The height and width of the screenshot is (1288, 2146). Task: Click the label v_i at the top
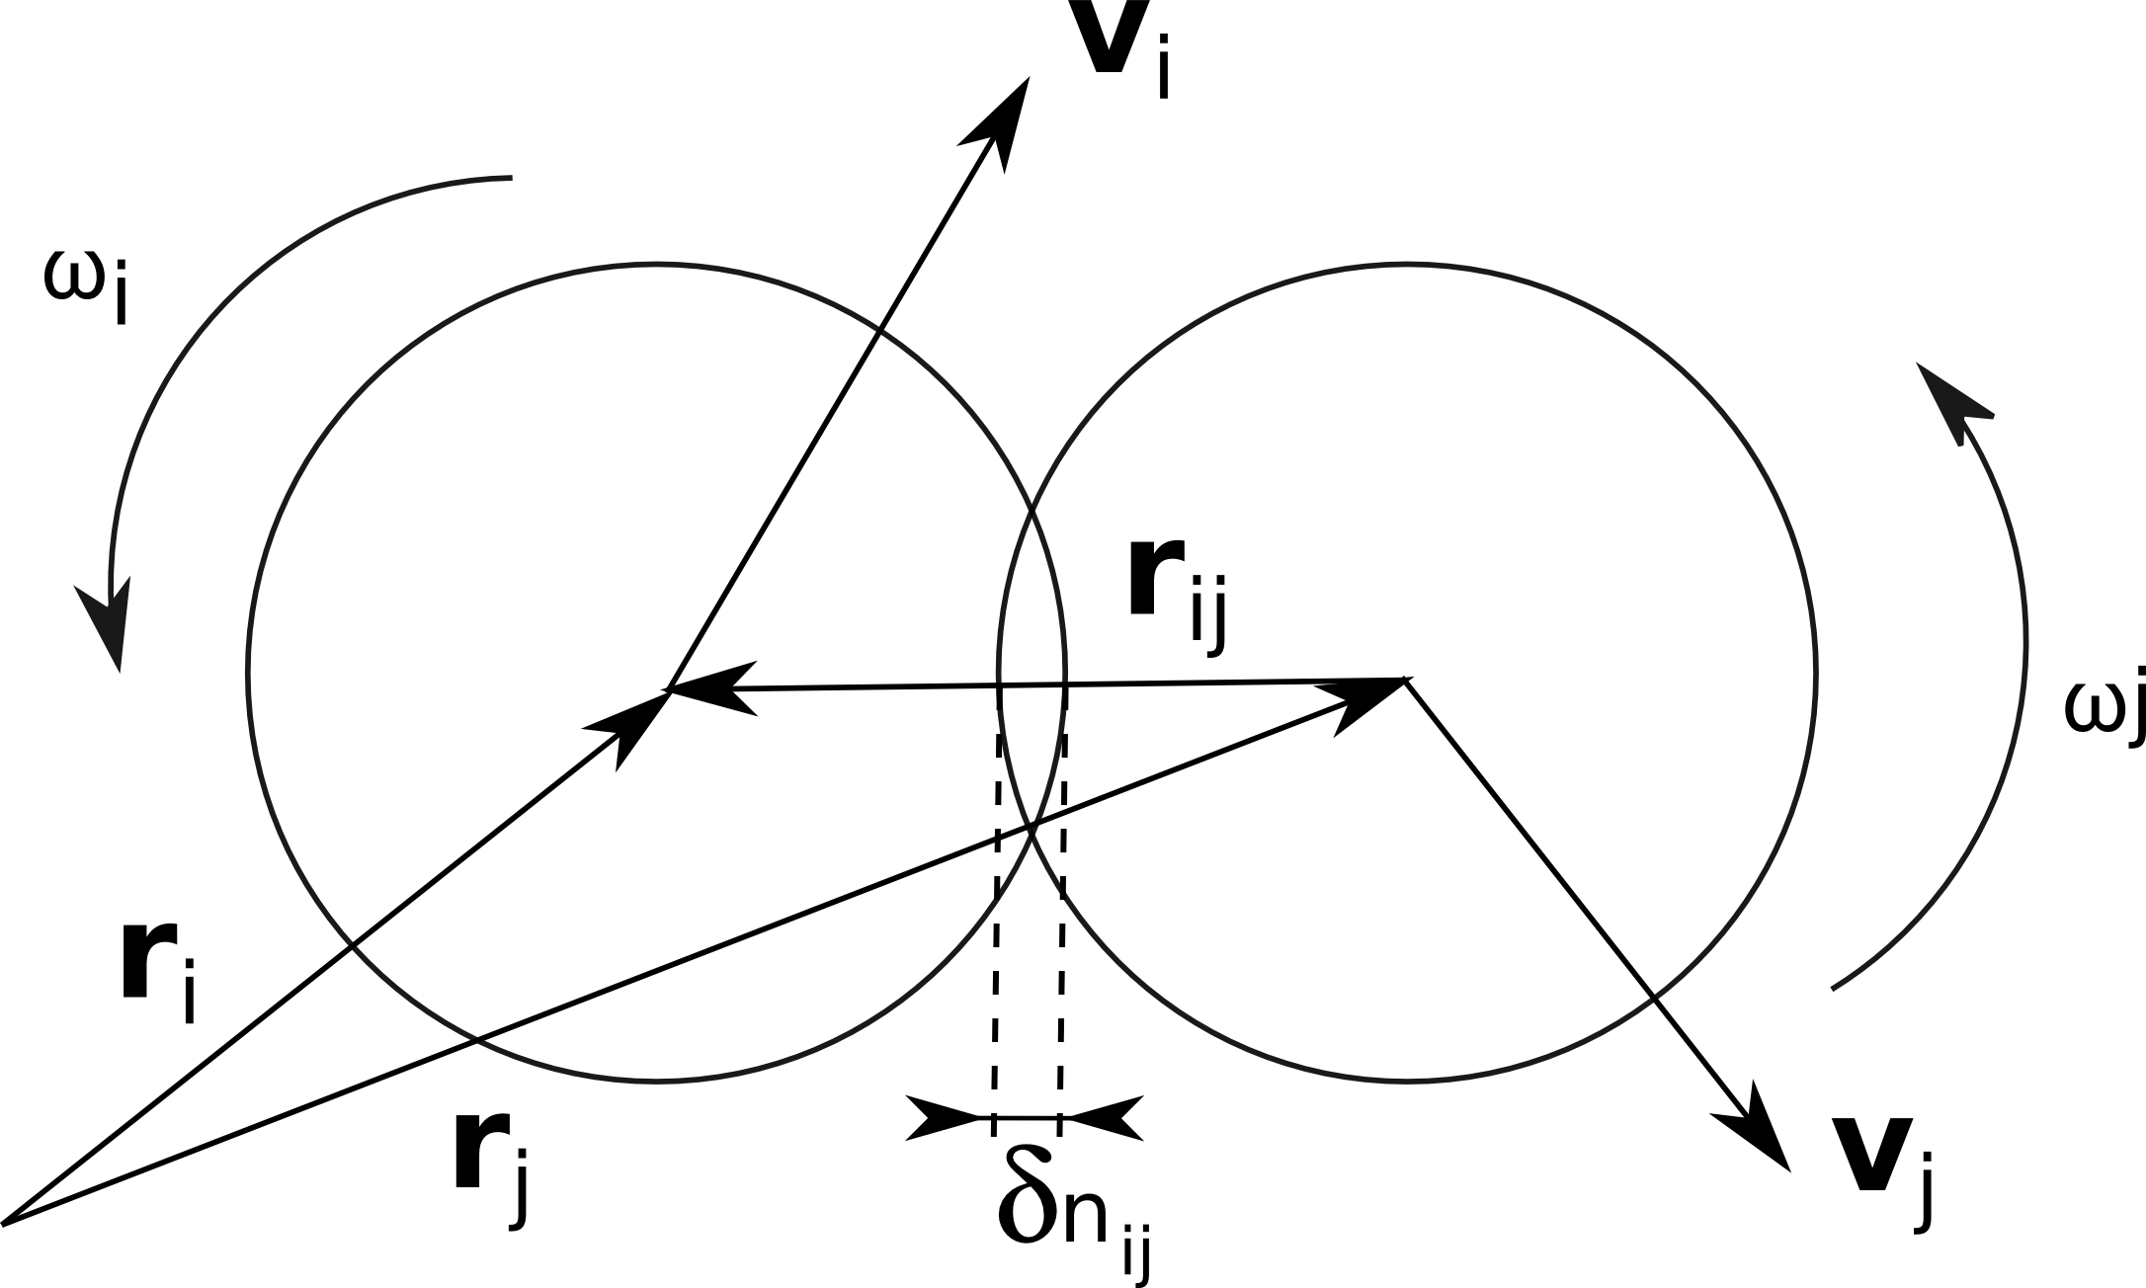coord(1125,49)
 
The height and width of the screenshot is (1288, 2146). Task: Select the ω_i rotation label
coord(87,286)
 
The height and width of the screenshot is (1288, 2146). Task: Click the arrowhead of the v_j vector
coord(1764,1136)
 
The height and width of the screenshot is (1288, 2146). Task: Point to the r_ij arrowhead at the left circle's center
coord(706,687)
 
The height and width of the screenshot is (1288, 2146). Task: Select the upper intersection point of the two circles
coord(1032,514)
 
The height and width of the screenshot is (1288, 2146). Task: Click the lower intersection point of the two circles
coord(1032,830)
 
